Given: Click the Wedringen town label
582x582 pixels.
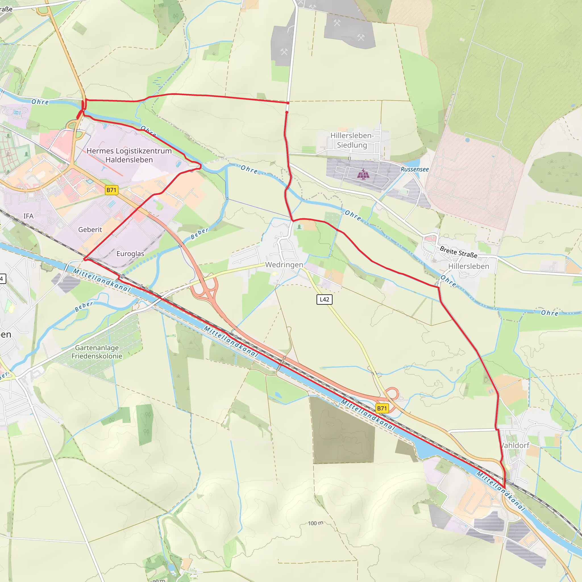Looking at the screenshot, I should tap(284, 265).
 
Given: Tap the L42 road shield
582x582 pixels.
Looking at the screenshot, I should tap(324, 300).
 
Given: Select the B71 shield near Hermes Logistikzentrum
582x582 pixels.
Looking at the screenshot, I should tap(111, 190).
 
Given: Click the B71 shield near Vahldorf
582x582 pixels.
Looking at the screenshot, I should tap(382, 408).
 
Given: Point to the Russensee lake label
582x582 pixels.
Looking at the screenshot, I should tap(415, 170).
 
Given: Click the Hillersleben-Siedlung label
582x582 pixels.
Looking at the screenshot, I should tap(352, 140).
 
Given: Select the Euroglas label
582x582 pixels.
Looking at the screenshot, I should tap(130, 254).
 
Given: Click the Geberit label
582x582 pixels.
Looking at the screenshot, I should tap(90, 230).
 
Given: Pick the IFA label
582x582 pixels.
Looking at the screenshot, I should tap(28, 216).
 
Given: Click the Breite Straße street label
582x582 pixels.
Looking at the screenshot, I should tap(458, 252).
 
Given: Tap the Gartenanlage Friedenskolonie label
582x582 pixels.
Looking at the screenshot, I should tap(97, 352).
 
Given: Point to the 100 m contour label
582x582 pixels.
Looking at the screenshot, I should tap(315, 523).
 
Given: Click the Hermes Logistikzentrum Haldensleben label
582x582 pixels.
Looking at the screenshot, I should tap(129, 155).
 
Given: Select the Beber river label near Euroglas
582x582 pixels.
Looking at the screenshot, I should tap(199, 234).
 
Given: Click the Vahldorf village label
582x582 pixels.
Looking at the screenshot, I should tap(515, 446).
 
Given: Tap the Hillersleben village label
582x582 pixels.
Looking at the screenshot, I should tap(468, 266).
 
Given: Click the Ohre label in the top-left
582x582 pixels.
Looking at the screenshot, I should tap(40, 102).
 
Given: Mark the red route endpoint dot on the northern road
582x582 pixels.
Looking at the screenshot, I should tap(288, 103).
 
